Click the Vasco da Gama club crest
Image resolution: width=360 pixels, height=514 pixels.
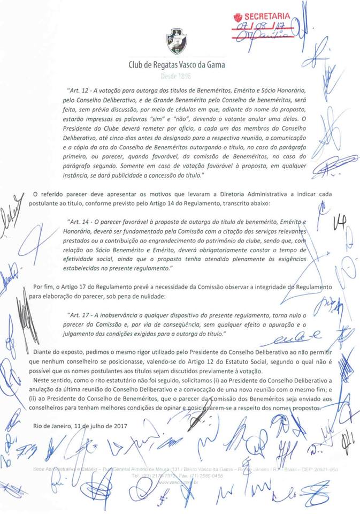177,40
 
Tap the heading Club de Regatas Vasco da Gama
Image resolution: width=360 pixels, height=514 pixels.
177,65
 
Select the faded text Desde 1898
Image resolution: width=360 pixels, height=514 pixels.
177,77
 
